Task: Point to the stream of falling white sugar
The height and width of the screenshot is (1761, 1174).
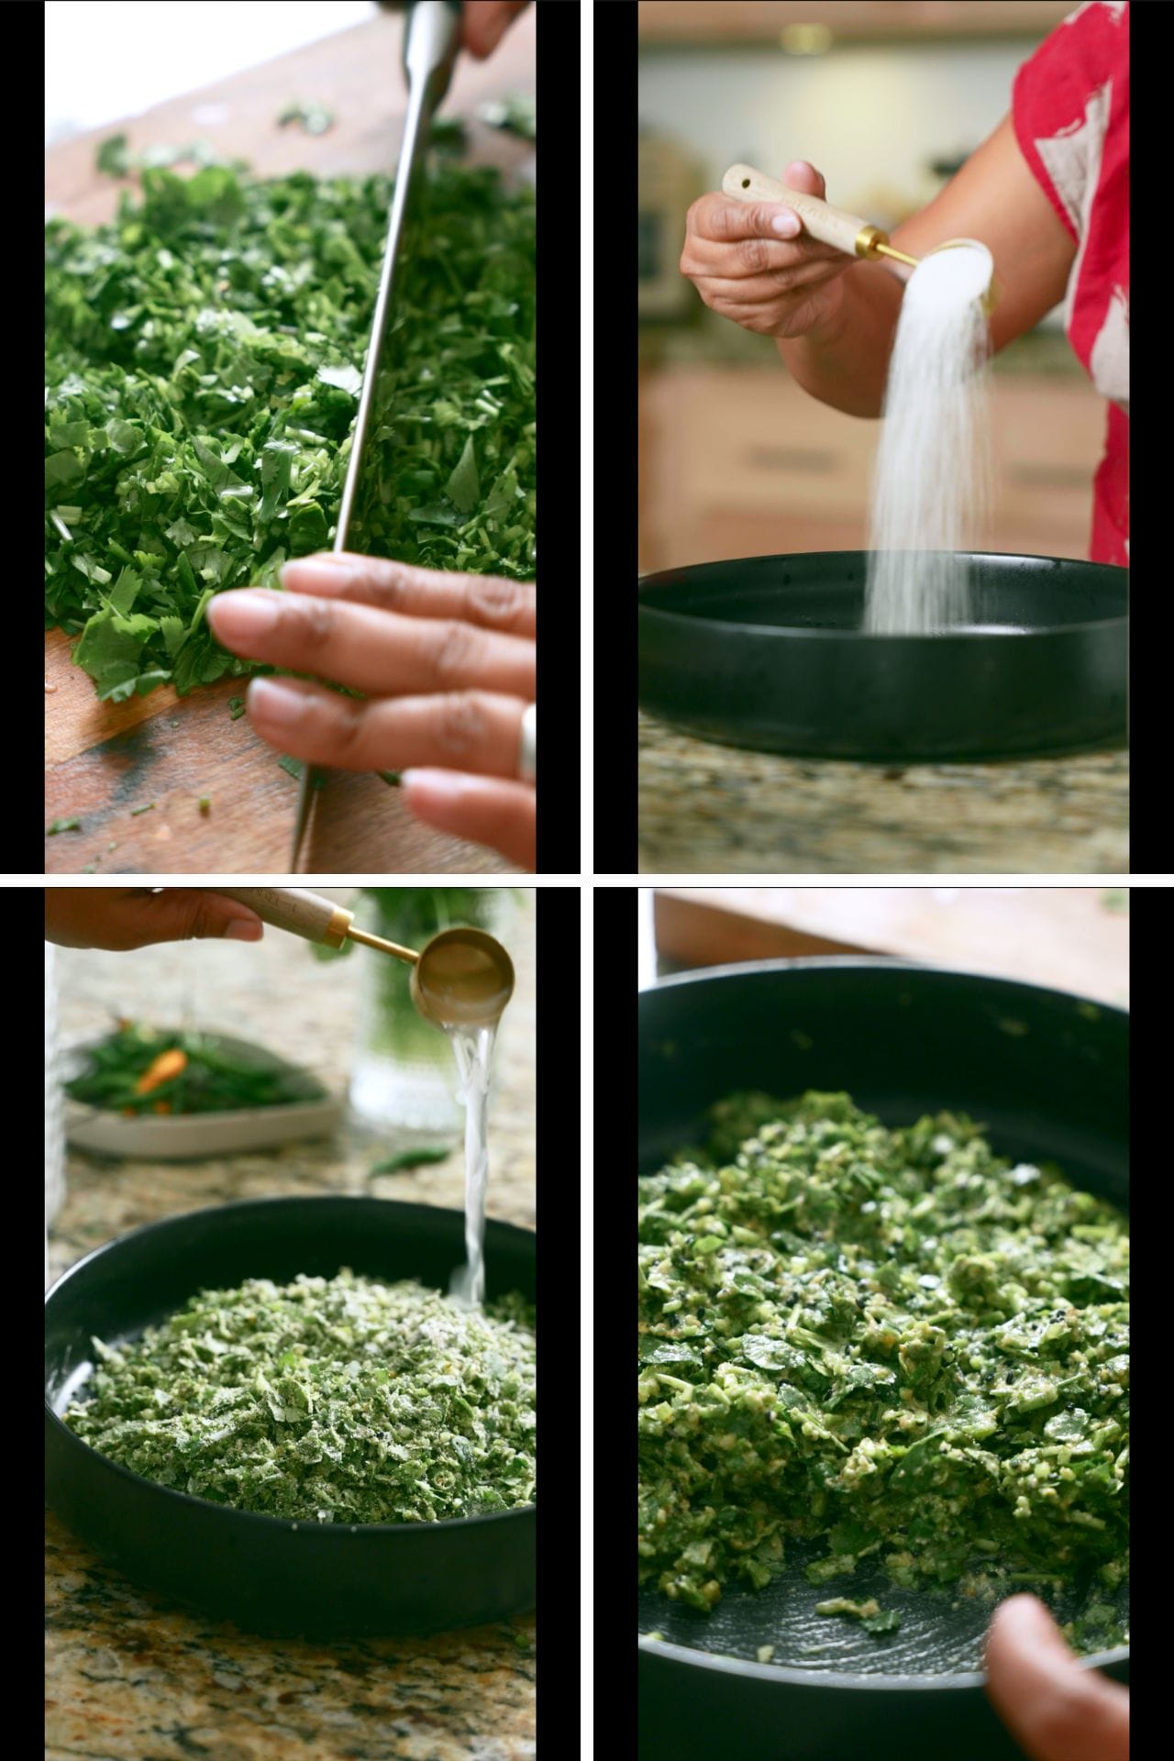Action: tap(926, 440)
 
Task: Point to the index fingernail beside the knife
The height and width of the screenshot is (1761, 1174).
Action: tap(238, 610)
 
